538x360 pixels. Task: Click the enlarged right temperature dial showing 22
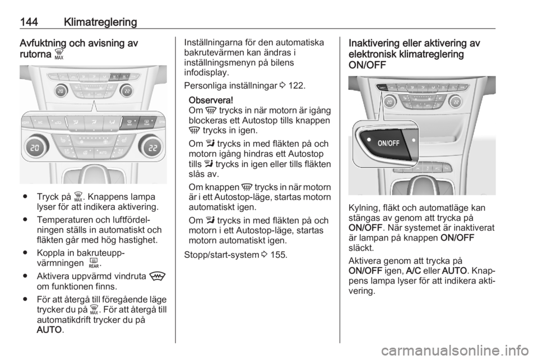click(x=150, y=147)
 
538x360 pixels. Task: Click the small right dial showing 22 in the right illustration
click(x=454, y=101)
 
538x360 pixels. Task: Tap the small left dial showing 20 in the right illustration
click(x=390, y=101)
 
